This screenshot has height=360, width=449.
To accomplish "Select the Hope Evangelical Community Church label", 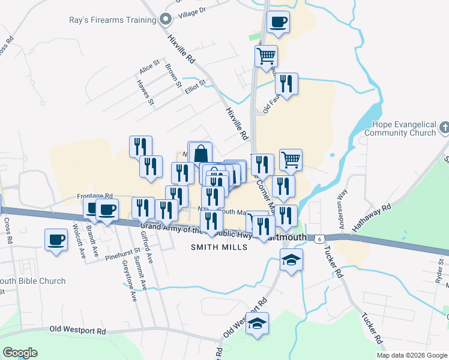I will coord(403,128).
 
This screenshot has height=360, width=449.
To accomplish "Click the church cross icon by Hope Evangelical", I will coord(444,127).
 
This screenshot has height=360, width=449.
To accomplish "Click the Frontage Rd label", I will coord(95,196).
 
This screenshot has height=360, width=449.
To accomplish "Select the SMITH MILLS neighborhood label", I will coord(219,247).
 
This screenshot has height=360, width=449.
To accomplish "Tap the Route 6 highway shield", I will coord(321,238).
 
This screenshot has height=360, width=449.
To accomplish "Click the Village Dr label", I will coord(191,11).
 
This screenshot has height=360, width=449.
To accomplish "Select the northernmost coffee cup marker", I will coord(278,22).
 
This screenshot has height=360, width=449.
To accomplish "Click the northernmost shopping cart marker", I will coord(266,56).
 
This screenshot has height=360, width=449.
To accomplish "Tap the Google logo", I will coord(20,353).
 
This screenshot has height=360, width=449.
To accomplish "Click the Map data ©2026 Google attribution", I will coord(412,355).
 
